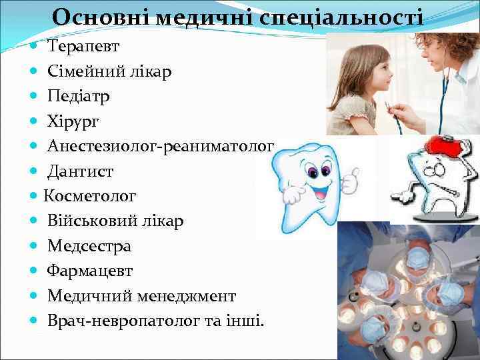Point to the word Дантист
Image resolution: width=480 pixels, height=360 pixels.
point(80,171)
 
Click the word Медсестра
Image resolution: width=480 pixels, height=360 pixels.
point(89,246)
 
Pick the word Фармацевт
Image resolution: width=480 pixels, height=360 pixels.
point(90,271)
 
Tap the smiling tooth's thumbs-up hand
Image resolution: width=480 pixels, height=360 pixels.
point(351,179)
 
